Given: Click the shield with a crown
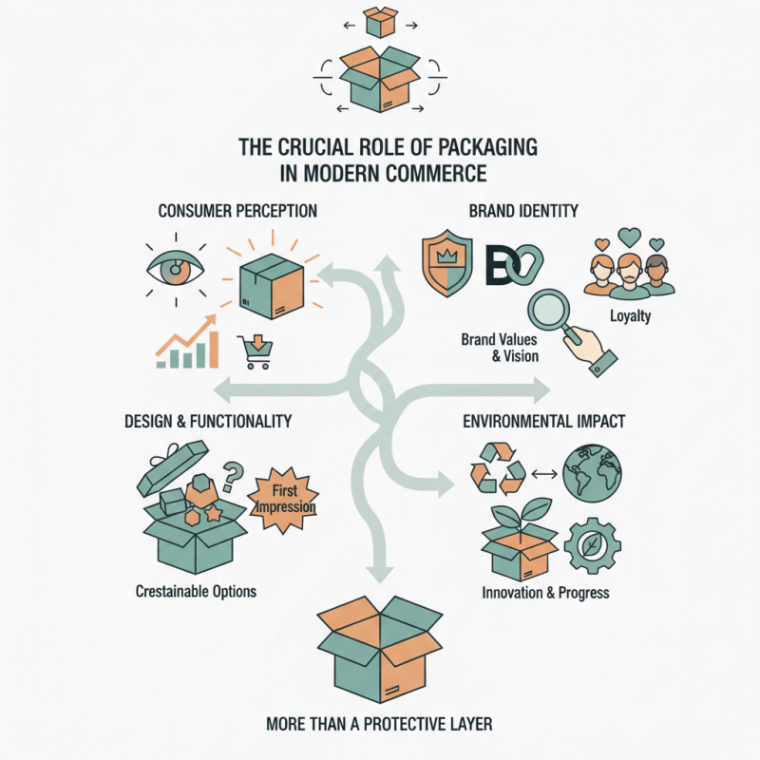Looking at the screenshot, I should tap(446, 261).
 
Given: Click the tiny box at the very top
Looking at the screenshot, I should tap(380, 20).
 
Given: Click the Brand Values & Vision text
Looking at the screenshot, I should tap(500, 347).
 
